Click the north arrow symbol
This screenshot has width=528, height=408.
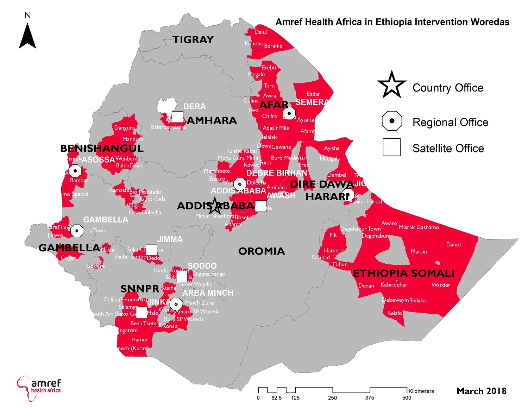point(27,36)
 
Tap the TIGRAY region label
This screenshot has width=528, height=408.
point(193,40)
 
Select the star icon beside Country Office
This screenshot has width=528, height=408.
point(391,85)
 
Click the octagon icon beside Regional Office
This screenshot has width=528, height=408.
point(391,121)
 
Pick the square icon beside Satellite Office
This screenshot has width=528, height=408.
point(391,147)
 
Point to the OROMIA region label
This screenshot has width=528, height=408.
point(261,251)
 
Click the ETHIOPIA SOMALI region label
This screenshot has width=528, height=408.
point(404,274)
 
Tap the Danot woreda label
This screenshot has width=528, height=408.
point(453,245)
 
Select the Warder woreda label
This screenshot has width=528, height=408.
point(441,285)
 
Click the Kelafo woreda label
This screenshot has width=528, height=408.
point(395,313)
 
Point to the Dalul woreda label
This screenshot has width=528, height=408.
point(260,32)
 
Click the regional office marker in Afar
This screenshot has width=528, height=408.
point(289,113)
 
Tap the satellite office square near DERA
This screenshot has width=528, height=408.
point(177,117)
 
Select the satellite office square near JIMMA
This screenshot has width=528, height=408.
point(151,250)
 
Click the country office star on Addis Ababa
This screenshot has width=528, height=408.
point(214,206)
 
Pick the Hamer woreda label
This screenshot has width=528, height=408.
point(139,340)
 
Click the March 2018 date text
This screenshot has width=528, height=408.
point(481,391)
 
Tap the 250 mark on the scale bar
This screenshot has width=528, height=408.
point(332,398)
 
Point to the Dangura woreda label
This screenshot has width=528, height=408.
point(124,128)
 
